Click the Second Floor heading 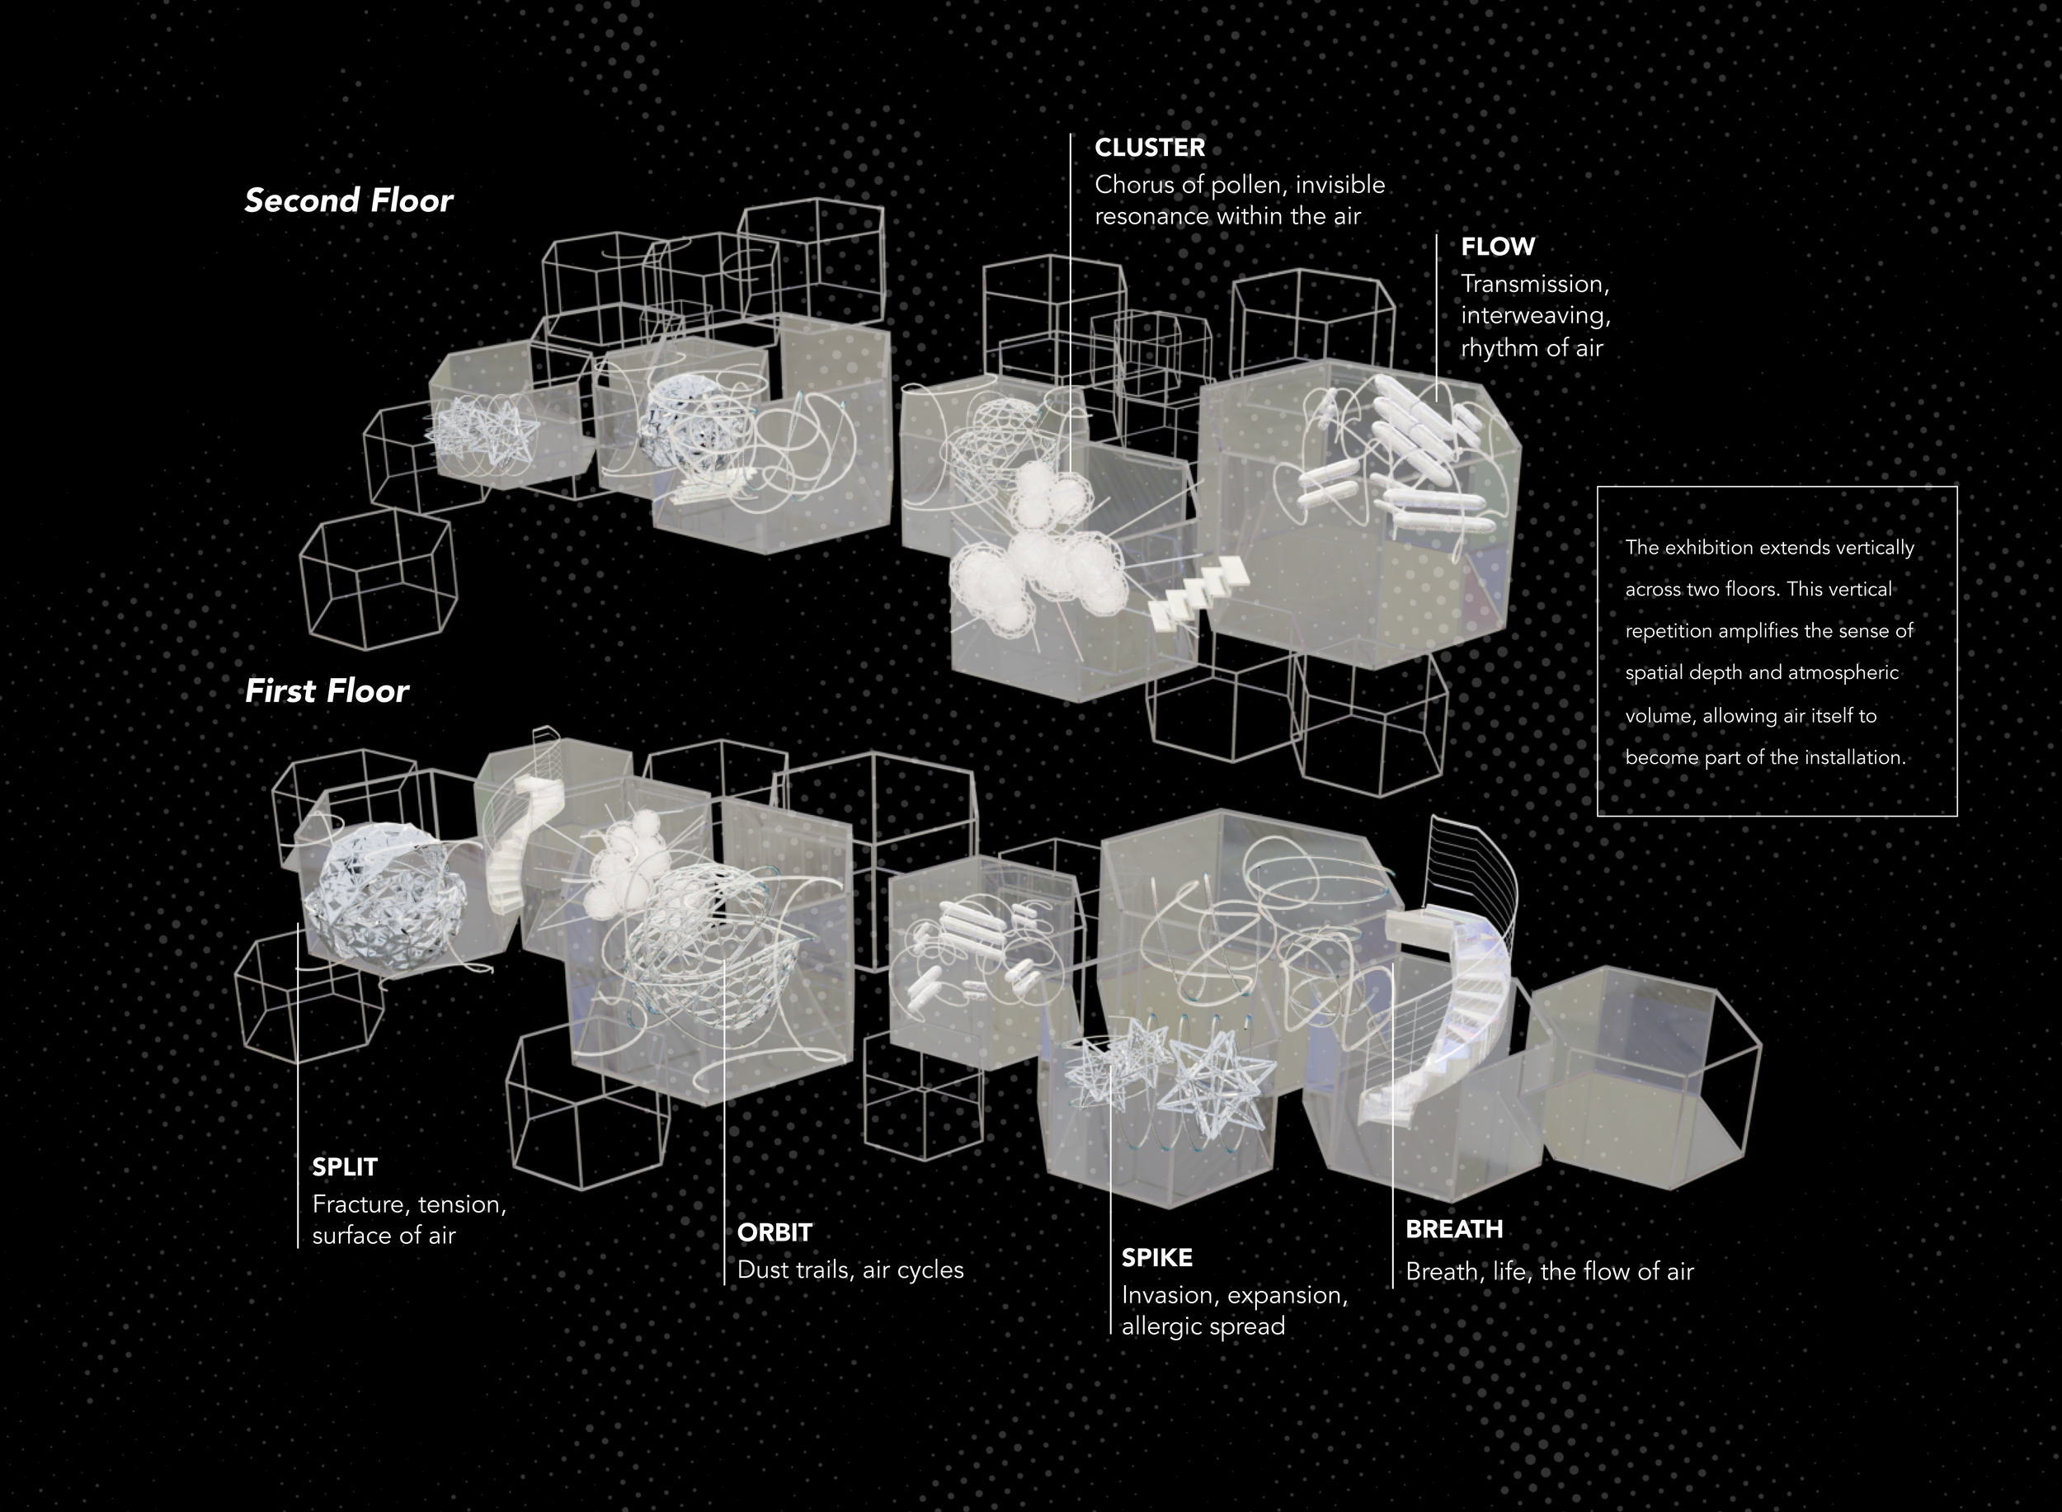348,200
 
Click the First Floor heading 327,691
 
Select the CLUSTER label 1150,148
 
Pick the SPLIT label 344,1167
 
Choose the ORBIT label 774,1233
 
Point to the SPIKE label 1157,1258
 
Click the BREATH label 1453,1229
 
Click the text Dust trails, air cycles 850,1270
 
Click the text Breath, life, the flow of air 1548,1272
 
